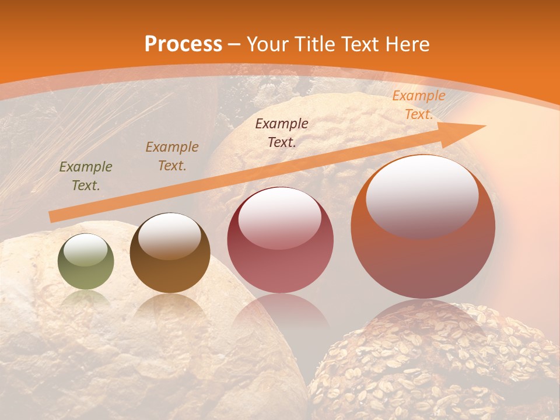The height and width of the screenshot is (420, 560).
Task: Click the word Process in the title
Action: [183, 44]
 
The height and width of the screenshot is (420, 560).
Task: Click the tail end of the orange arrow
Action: [52, 217]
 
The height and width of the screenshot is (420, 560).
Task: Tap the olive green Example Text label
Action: [86, 176]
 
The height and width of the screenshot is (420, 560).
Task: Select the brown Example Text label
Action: [171, 156]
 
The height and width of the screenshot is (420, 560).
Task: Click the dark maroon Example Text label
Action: [282, 132]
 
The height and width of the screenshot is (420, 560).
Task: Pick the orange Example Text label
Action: [418, 105]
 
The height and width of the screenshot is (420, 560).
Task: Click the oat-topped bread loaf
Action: [432, 367]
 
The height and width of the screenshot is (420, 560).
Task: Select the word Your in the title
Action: [269, 44]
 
